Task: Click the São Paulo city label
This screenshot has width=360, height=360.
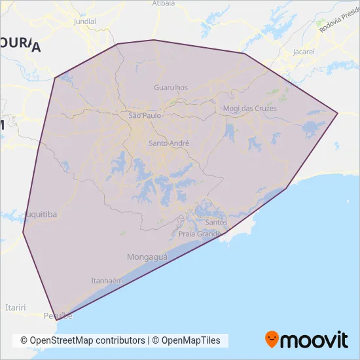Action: pyautogui.click(x=143, y=115)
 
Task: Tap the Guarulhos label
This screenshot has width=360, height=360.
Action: pyautogui.click(x=170, y=87)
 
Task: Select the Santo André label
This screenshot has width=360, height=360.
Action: pyautogui.click(x=169, y=143)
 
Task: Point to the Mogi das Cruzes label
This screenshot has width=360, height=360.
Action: pyautogui.click(x=250, y=109)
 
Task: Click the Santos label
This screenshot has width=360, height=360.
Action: pyautogui.click(x=216, y=222)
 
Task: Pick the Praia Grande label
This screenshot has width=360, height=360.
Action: pyautogui.click(x=200, y=234)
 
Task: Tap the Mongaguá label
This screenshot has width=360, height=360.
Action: pyautogui.click(x=147, y=257)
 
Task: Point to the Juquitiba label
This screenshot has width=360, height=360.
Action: pyautogui.click(x=41, y=214)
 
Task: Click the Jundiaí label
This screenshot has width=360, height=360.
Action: pyautogui.click(x=85, y=21)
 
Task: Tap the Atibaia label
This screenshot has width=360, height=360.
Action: pyautogui.click(x=164, y=3)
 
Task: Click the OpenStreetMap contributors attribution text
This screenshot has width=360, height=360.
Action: pyautogui.click(x=82, y=340)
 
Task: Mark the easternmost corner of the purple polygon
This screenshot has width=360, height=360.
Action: pyautogui.click(x=338, y=113)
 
